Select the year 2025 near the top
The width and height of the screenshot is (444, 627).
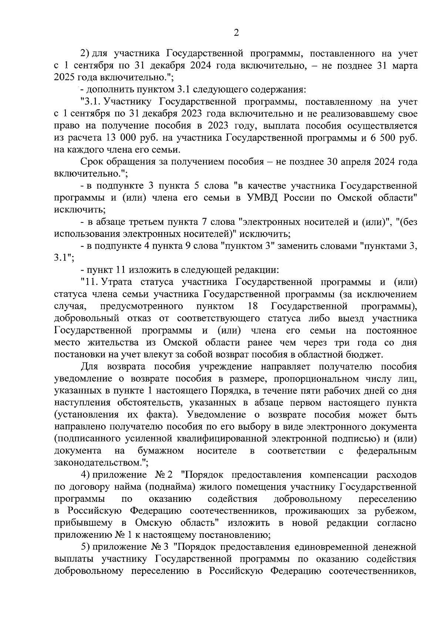click(x=65, y=78)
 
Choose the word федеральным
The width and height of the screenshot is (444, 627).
click(x=387, y=451)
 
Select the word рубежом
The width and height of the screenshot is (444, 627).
click(x=397, y=511)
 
